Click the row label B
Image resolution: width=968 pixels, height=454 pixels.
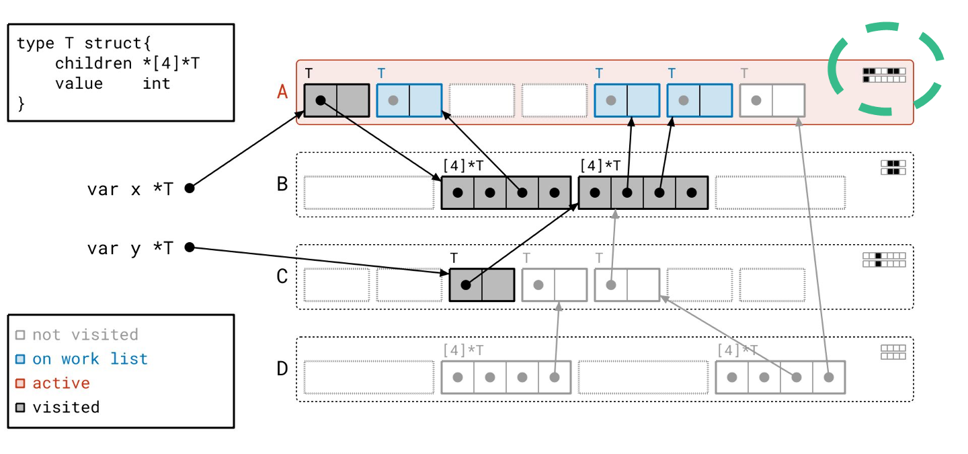(282, 184)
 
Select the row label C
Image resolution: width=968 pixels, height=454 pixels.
(282, 276)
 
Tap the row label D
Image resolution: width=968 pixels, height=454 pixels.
(282, 369)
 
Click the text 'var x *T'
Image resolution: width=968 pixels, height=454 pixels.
(130, 189)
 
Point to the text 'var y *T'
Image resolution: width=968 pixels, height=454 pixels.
(130, 248)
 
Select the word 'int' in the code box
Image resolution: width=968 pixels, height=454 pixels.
(157, 83)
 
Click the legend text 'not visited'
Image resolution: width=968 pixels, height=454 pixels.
(85, 335)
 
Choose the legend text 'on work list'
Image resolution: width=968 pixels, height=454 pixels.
(89, 359)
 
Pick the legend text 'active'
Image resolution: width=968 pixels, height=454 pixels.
(61, 383)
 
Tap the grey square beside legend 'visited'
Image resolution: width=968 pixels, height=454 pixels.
(20, 408)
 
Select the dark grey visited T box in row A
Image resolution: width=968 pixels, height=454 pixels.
(336, 100)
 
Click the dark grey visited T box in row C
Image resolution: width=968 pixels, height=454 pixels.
(481, 285)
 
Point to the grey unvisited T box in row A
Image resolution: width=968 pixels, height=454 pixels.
(772, 100)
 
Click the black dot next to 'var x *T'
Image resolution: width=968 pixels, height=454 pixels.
(190, 188)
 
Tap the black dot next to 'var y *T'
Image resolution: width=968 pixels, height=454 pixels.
(190, 248)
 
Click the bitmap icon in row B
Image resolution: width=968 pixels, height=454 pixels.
(893, 167)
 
